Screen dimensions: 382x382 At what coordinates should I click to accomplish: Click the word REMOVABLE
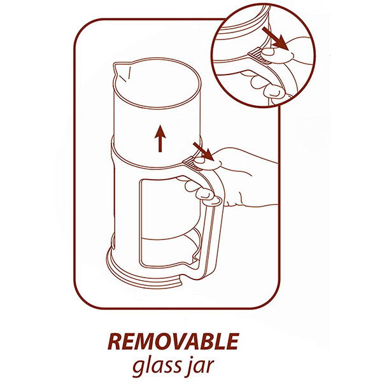[x=173, y=341]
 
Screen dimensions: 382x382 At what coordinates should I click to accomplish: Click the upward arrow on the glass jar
[x=160, y=138]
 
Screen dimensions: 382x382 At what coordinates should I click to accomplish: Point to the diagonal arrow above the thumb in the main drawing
[x=204, y=152]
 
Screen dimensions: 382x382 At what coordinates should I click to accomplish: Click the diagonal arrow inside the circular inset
[x=275, y=38]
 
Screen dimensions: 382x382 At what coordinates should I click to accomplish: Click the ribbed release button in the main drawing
[x=192, y=163]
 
